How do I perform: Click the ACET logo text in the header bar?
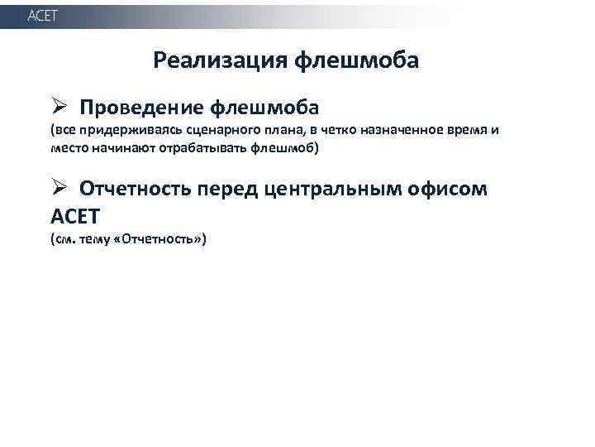coord(43,17)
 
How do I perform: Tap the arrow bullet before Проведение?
coord(57,108)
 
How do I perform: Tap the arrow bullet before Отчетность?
coord(57,189)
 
